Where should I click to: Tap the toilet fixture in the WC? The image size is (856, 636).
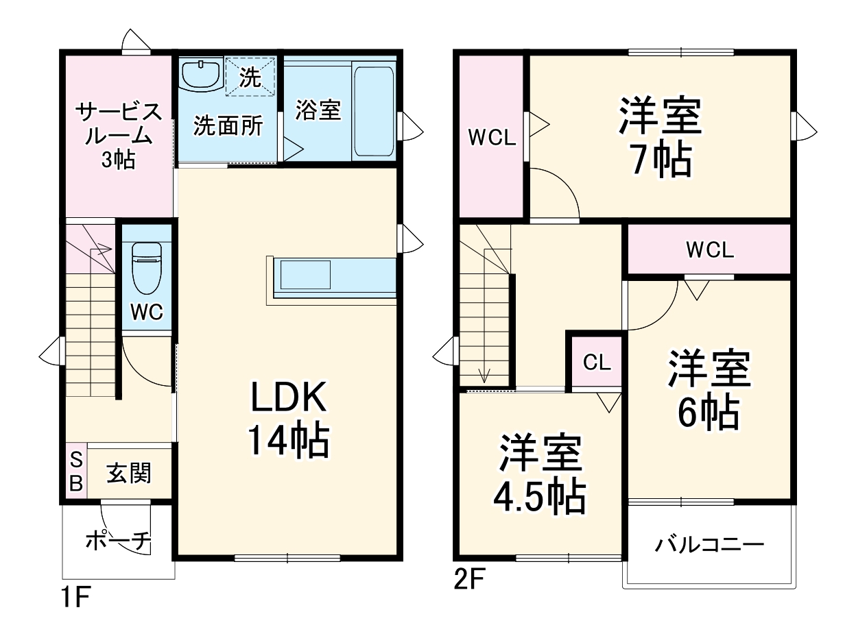pos(146,267)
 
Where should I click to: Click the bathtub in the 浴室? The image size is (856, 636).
pos(374,110)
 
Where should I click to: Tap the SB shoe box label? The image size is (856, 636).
pos(76,472)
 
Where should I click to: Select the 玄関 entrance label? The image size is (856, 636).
pos(129,472)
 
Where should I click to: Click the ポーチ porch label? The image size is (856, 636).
pos(118,541)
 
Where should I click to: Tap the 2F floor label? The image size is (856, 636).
pos(471,580)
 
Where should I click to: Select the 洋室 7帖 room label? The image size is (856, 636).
pos(661,137)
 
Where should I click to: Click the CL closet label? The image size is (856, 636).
pos(596,363)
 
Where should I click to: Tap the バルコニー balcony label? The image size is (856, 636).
pos(709,546)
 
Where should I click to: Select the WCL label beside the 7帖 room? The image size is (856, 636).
pos(491,138)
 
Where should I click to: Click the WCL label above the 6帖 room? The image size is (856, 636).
pos(710,250)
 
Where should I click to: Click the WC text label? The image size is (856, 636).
pos(147,312)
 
